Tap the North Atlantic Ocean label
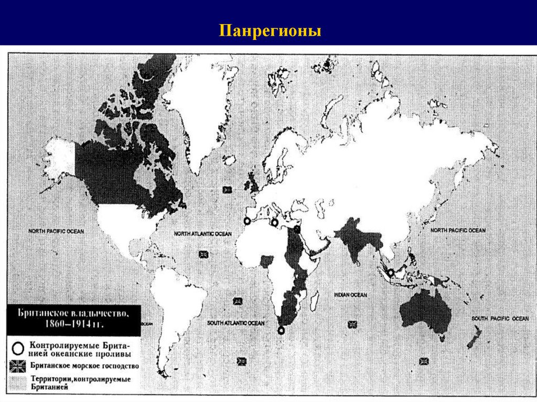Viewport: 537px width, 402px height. click(202, 233)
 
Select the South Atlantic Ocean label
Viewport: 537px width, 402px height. click(235, 323)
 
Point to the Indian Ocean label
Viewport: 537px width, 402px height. click(351, 295)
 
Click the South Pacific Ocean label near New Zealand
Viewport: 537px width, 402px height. click(500, 318)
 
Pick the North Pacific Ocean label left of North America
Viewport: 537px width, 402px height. click(56, 231)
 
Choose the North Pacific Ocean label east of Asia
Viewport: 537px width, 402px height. click(458, 230)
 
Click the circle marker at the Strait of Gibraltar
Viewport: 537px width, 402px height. click(247, 221)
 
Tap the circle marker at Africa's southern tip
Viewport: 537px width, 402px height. click(281, 330)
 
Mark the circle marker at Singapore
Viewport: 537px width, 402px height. click(391, 273)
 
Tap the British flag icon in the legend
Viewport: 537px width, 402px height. click(18, 365)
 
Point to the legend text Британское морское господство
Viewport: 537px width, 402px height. click(84, 365)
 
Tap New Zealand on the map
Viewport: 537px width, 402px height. click(475, 336)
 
